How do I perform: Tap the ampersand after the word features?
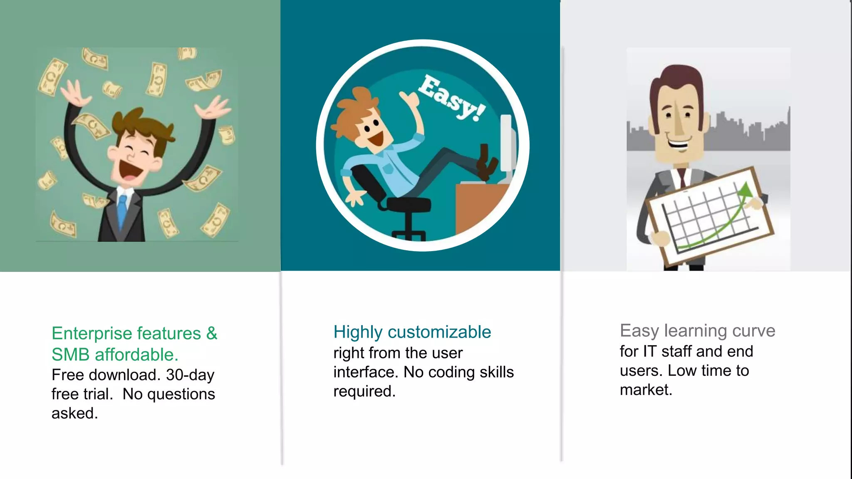point(212,333)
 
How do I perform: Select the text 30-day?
point(190,375)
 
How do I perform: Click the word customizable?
point(439,332)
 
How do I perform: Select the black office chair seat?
point(409,204)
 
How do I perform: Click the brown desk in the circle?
point(478,208)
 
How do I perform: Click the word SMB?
point(70,355)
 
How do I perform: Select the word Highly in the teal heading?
point(358,332)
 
